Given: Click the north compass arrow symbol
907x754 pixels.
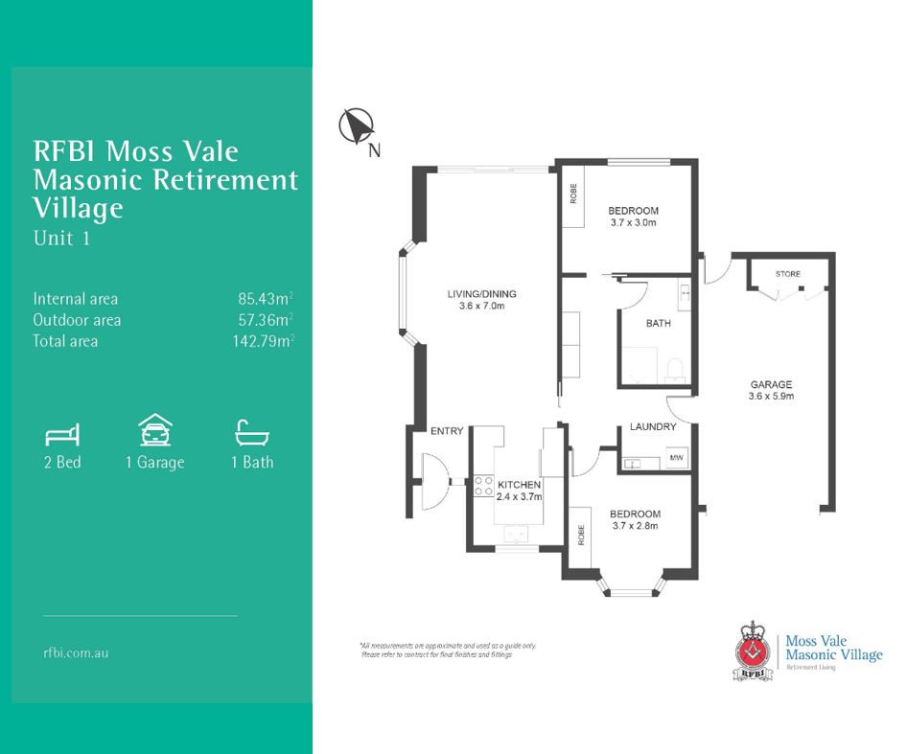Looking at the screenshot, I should (x=356, y=126).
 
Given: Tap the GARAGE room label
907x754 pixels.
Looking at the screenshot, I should (x=771, y=384).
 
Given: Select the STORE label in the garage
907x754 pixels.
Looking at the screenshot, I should (x=787, y=274).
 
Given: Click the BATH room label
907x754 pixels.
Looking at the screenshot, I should (x=658, y=324).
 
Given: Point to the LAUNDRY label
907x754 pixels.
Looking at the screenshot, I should (x=653, y=427).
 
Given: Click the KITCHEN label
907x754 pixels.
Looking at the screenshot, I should (x=519, y=486).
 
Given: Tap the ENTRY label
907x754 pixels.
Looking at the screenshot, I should (x=447, y=431).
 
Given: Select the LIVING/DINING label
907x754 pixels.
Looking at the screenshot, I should (x=481, y=294).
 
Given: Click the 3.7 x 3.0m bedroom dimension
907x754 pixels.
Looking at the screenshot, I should (x=633, y=222).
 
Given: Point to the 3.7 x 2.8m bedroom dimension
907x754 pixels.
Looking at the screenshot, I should (x=635, y=525).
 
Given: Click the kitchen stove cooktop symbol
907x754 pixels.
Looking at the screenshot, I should (x=483, y=487).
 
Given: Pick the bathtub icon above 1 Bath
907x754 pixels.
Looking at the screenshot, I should (x=251, y=433).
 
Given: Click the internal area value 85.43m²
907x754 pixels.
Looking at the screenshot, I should (x=266, y=299).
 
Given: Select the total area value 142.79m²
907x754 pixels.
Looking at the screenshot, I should (x=262, y=341).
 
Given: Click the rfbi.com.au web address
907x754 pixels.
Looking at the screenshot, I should (x=76, y=652).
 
